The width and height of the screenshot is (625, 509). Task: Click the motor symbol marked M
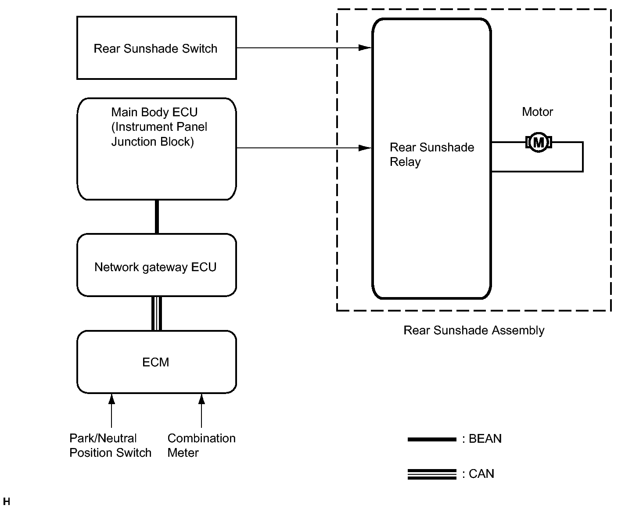tap(539, 142)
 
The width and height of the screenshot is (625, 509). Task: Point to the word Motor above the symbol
tap(537, 112)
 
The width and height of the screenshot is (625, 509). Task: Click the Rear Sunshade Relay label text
tap(431, 154)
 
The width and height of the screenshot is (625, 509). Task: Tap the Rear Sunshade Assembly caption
tap(474, 330)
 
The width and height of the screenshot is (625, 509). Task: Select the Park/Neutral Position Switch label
tap(110, 445)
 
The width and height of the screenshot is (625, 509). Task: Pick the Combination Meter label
tap(201, 445)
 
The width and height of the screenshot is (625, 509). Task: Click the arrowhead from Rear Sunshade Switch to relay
tap(365, 47)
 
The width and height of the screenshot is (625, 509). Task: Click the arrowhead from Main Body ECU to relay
tap(365, 148)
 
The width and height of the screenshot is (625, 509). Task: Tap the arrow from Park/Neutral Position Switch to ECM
tap(111, 411)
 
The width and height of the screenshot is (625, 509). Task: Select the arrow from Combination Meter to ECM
tap(201, 411)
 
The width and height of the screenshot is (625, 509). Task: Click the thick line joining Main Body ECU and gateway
tap(157, 217)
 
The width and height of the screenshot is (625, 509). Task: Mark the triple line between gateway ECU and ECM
tap(157, 314)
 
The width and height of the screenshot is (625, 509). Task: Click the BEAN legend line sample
tap(432, 439)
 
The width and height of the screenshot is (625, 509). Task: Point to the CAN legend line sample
tap(432, 474)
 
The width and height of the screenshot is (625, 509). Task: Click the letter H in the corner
tap(7, 501)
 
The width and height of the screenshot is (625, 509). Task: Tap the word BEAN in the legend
tap(485, 439)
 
